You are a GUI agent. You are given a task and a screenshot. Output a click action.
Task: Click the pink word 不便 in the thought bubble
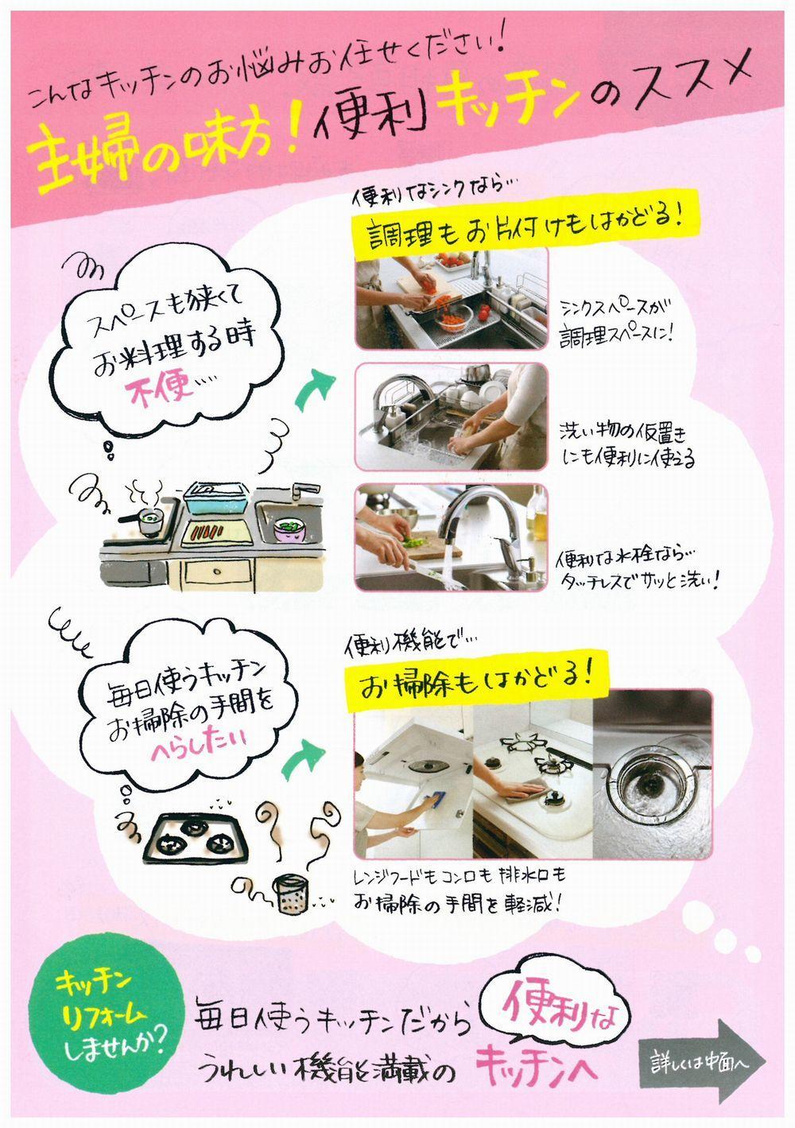(x=161, y=388)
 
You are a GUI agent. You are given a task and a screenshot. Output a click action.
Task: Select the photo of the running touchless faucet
(x=451, y=537)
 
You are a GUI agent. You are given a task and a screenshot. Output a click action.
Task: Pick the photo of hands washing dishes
(x=451, y=417)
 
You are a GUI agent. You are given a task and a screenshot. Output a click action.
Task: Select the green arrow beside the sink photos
(x=314, y=388)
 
